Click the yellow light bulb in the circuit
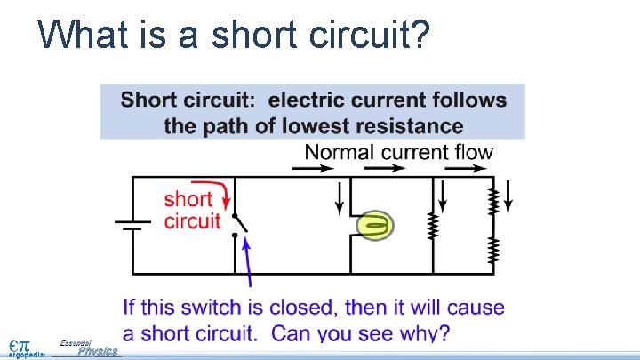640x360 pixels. (376, 226)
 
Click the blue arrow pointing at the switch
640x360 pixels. (247, 262)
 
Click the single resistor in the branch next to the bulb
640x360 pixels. (434, 226)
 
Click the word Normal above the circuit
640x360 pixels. (340, 152)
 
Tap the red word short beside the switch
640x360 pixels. (188, 199)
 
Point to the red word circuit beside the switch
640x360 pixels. (192, 220)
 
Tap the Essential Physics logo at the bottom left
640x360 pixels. (89, 348)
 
